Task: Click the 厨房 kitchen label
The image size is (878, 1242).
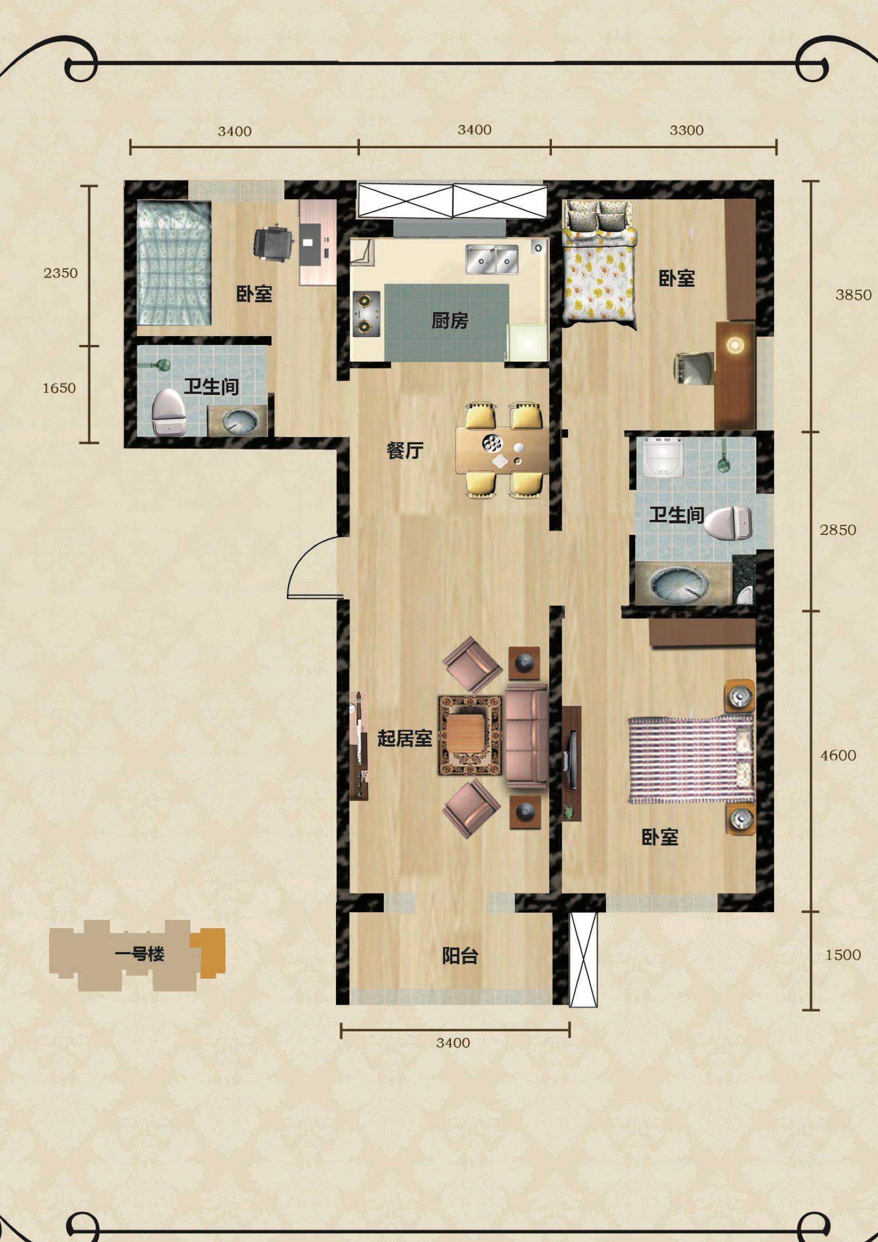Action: [x=449, y=321]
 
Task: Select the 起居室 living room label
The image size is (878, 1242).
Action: [x=404, y=738]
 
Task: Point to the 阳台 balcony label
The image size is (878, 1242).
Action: [x=460, y=956]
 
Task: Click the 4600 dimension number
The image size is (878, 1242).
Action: [x=838, y=755]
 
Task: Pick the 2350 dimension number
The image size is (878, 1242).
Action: [x=60, y=273]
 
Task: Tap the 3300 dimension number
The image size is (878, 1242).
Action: [x=687, y=131]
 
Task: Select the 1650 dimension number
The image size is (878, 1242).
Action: [x=59, y=388]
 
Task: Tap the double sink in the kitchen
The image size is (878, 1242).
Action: [x=492, y=259]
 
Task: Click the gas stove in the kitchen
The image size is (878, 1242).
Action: [x=366, y=313]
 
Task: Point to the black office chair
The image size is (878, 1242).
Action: [x=273, y=245]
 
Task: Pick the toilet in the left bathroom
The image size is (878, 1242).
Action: [x=170, y=412]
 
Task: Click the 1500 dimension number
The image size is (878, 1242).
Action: [x=843, y=955]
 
